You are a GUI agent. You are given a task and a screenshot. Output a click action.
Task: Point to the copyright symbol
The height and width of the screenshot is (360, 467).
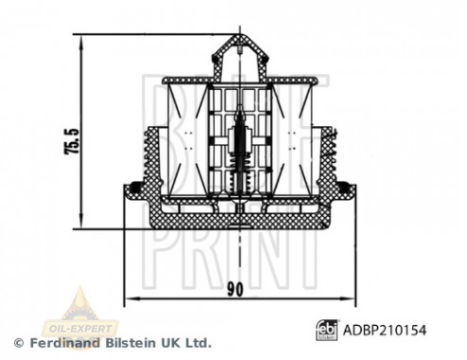[x=17, y=342]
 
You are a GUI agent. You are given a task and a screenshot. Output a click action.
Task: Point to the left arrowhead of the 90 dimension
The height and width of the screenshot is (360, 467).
[x=127, y=298]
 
